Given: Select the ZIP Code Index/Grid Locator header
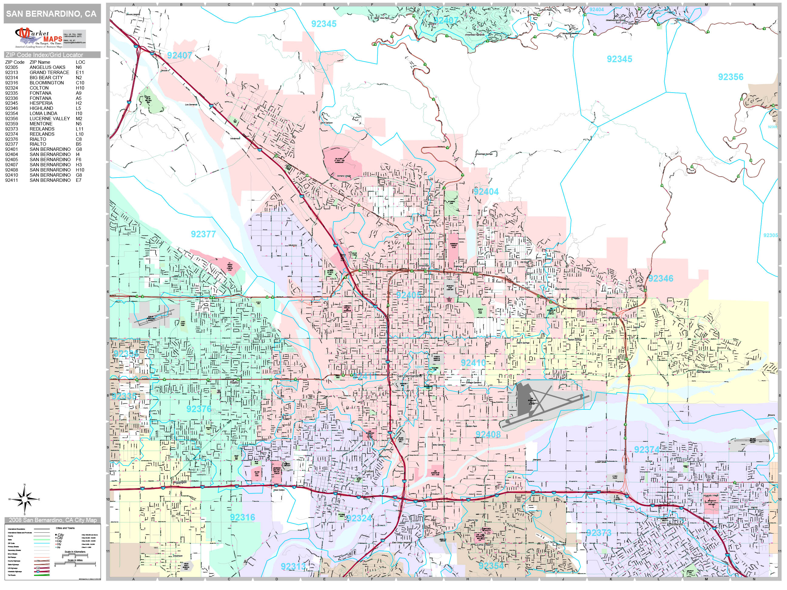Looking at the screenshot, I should point(44,55).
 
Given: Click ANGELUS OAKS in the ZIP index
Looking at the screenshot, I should point(47,67).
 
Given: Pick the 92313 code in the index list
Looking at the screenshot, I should point(11,72).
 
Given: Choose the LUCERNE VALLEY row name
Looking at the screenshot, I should point(50,118).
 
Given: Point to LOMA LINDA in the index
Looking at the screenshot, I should point(43,114).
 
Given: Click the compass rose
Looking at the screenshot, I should point(24,499).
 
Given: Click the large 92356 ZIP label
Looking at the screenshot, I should point(731,77).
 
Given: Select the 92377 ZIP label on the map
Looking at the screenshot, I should point(203,234).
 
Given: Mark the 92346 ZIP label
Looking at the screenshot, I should point(660,279).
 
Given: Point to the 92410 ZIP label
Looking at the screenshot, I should point(473,363).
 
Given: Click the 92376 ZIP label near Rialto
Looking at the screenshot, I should point(199,409).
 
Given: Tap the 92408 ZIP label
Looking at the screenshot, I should point(488,434).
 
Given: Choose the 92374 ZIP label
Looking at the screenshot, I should point(646,449).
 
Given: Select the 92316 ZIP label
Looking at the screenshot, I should point(242,517).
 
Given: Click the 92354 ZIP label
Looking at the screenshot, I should point(491,565).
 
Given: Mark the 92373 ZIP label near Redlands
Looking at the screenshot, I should point(598,533).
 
